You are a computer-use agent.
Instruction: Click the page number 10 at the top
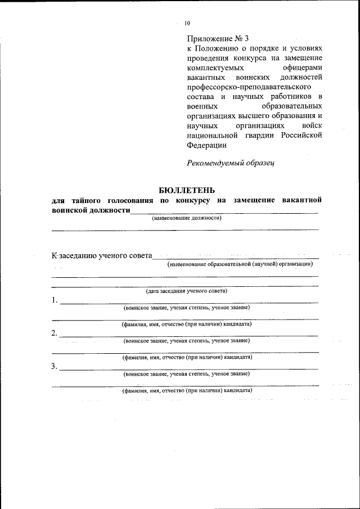tap(187, 23)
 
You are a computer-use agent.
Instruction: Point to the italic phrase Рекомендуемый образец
tap(230, 163)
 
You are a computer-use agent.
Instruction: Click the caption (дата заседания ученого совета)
tap(187, 291)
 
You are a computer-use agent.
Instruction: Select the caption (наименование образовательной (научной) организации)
tap(240, 264)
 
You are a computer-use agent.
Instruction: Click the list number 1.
tap(55, 300)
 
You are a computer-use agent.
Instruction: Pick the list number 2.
tap(55, 334)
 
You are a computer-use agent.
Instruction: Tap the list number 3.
tap(55, 367)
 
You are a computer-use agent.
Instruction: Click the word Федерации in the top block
tap(206, 145)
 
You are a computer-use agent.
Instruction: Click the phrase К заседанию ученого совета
tap(102, 256)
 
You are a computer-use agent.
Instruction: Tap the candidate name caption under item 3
tap(187, 390)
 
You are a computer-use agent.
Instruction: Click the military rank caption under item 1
tap(187, 308)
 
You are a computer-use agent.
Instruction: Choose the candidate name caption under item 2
tap(187, 357)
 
